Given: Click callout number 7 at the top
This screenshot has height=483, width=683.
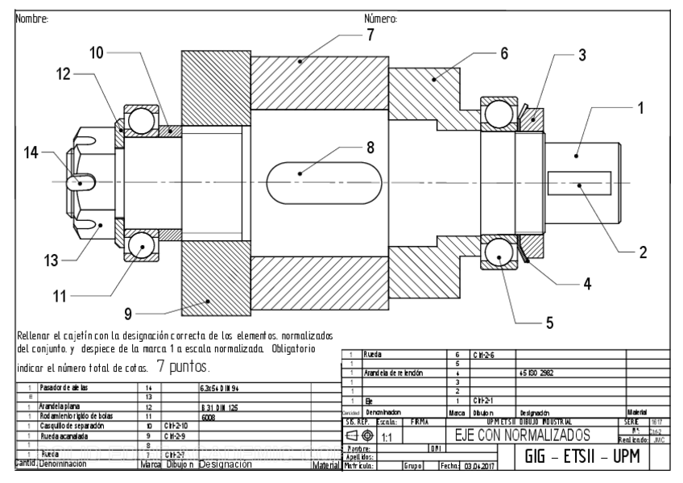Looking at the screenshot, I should coord(370,35).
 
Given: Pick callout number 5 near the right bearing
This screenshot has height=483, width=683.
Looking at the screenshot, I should coord(548,323).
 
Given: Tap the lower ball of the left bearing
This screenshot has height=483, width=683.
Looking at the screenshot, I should coord(139,244).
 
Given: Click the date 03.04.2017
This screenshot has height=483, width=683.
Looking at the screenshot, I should coord(480,466).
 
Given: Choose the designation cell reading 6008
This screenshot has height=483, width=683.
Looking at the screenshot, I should coord(208,417).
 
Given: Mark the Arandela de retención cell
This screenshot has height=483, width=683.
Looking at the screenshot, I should coord(395,374).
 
